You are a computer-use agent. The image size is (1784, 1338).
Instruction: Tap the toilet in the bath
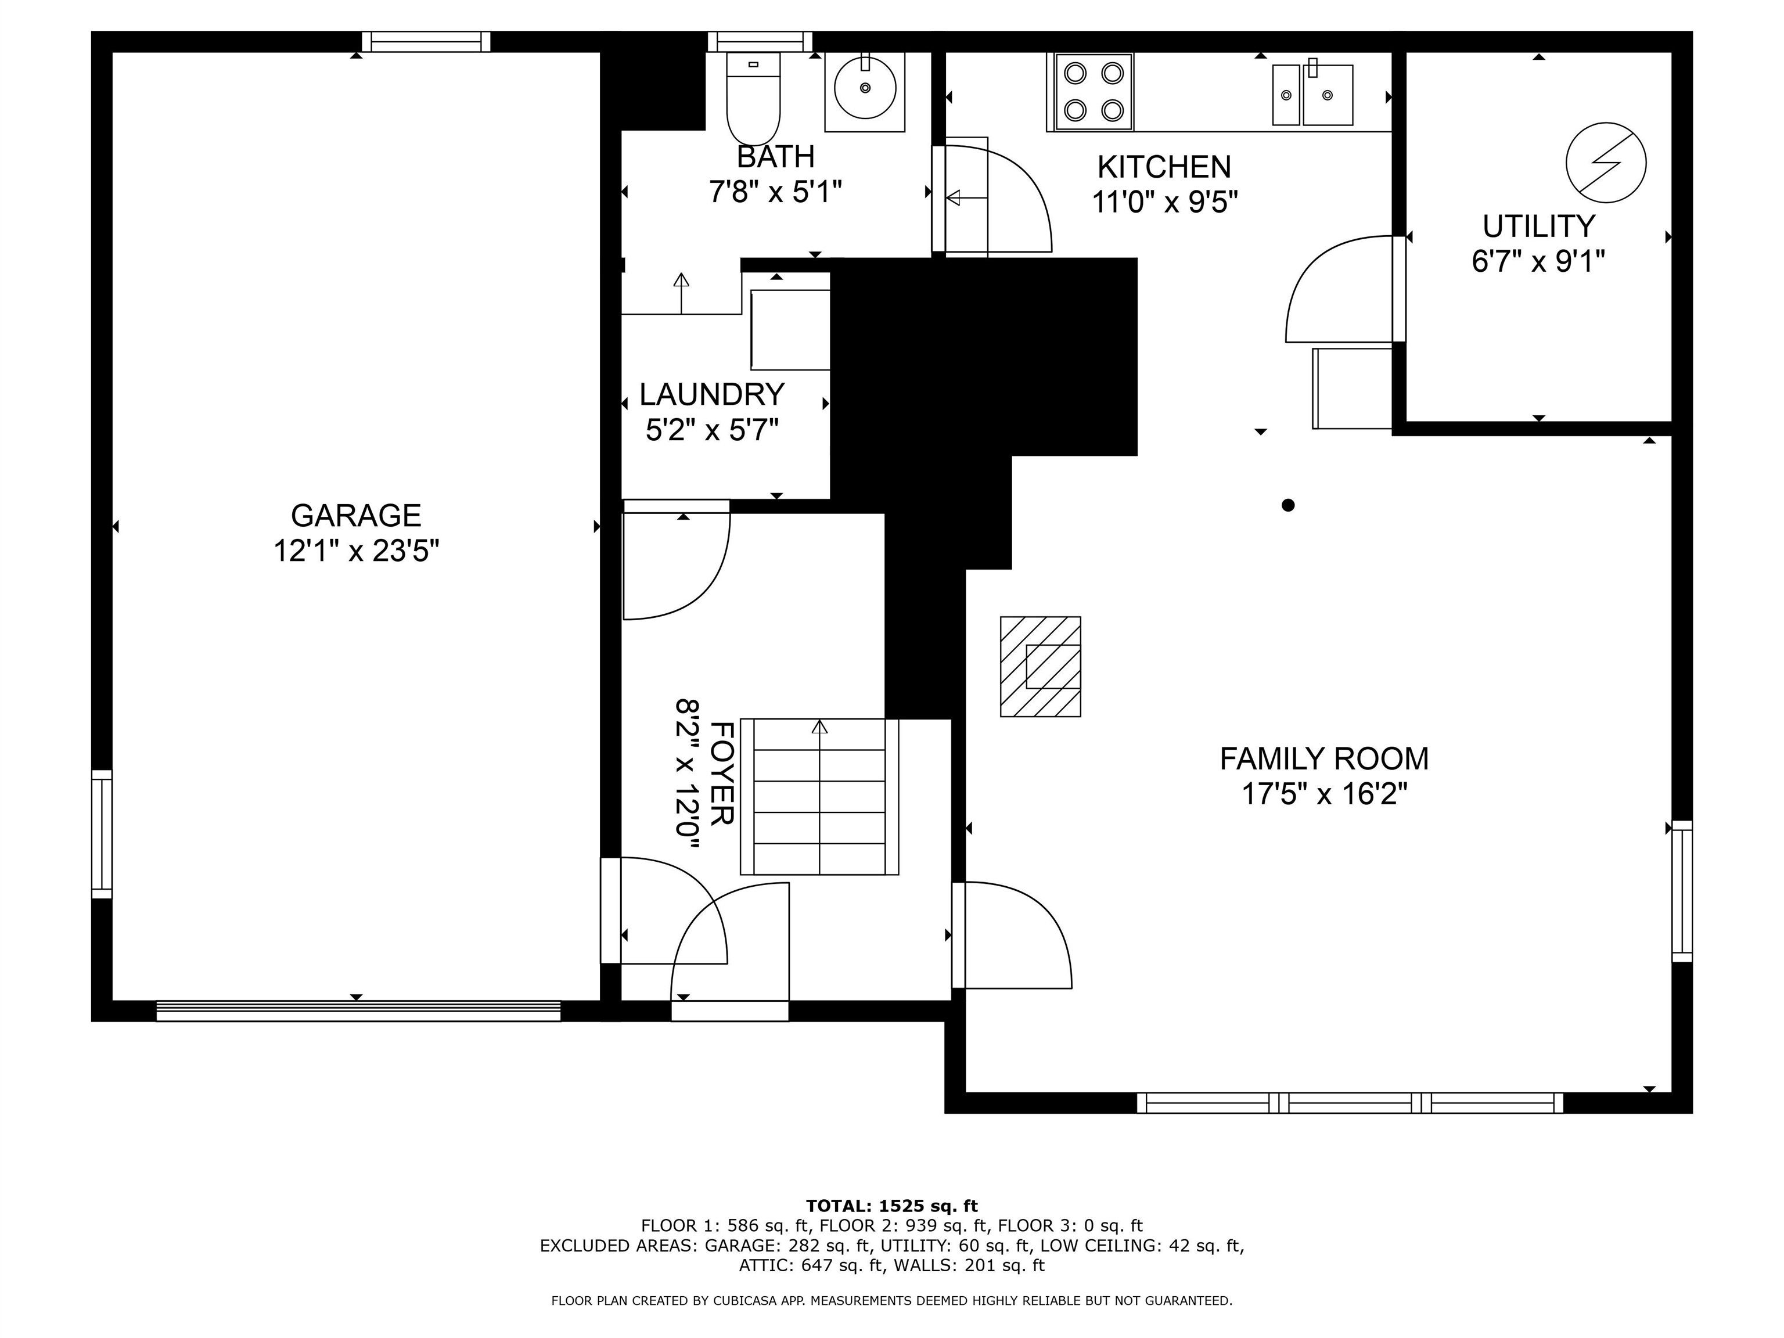753,98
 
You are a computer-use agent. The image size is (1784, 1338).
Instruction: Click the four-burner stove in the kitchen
1094,91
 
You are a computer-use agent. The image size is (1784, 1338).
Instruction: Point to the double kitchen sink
1312,94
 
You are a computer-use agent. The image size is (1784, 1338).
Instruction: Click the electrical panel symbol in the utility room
1606,162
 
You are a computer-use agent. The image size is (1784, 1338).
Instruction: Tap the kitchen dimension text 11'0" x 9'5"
1164,202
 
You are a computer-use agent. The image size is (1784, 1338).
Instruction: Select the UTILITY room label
1539,226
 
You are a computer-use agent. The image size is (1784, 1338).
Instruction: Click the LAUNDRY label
711,394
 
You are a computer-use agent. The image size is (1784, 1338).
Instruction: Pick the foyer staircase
819,797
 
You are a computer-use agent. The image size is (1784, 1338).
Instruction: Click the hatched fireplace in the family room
1041,666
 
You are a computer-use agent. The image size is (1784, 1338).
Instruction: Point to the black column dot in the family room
1288,505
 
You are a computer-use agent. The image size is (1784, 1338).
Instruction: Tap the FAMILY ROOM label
1323,759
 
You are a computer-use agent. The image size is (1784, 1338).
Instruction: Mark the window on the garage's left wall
102,834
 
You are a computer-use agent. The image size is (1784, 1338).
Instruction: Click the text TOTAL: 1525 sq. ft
892,1206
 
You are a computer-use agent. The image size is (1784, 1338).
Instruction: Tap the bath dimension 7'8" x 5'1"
775,193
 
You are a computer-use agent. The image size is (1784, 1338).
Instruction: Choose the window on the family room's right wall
1682,891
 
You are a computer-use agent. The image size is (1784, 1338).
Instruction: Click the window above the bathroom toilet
760,41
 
